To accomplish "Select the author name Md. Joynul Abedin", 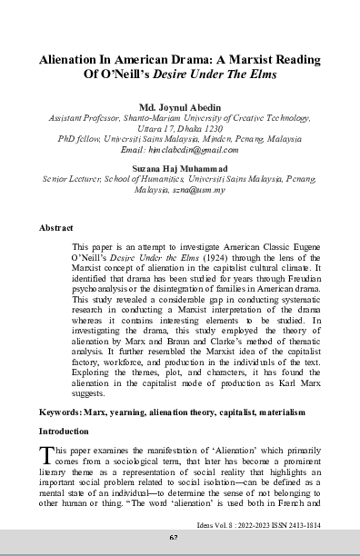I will (x=180, y=106).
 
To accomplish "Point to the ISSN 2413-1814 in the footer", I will (x=291, y=524).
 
